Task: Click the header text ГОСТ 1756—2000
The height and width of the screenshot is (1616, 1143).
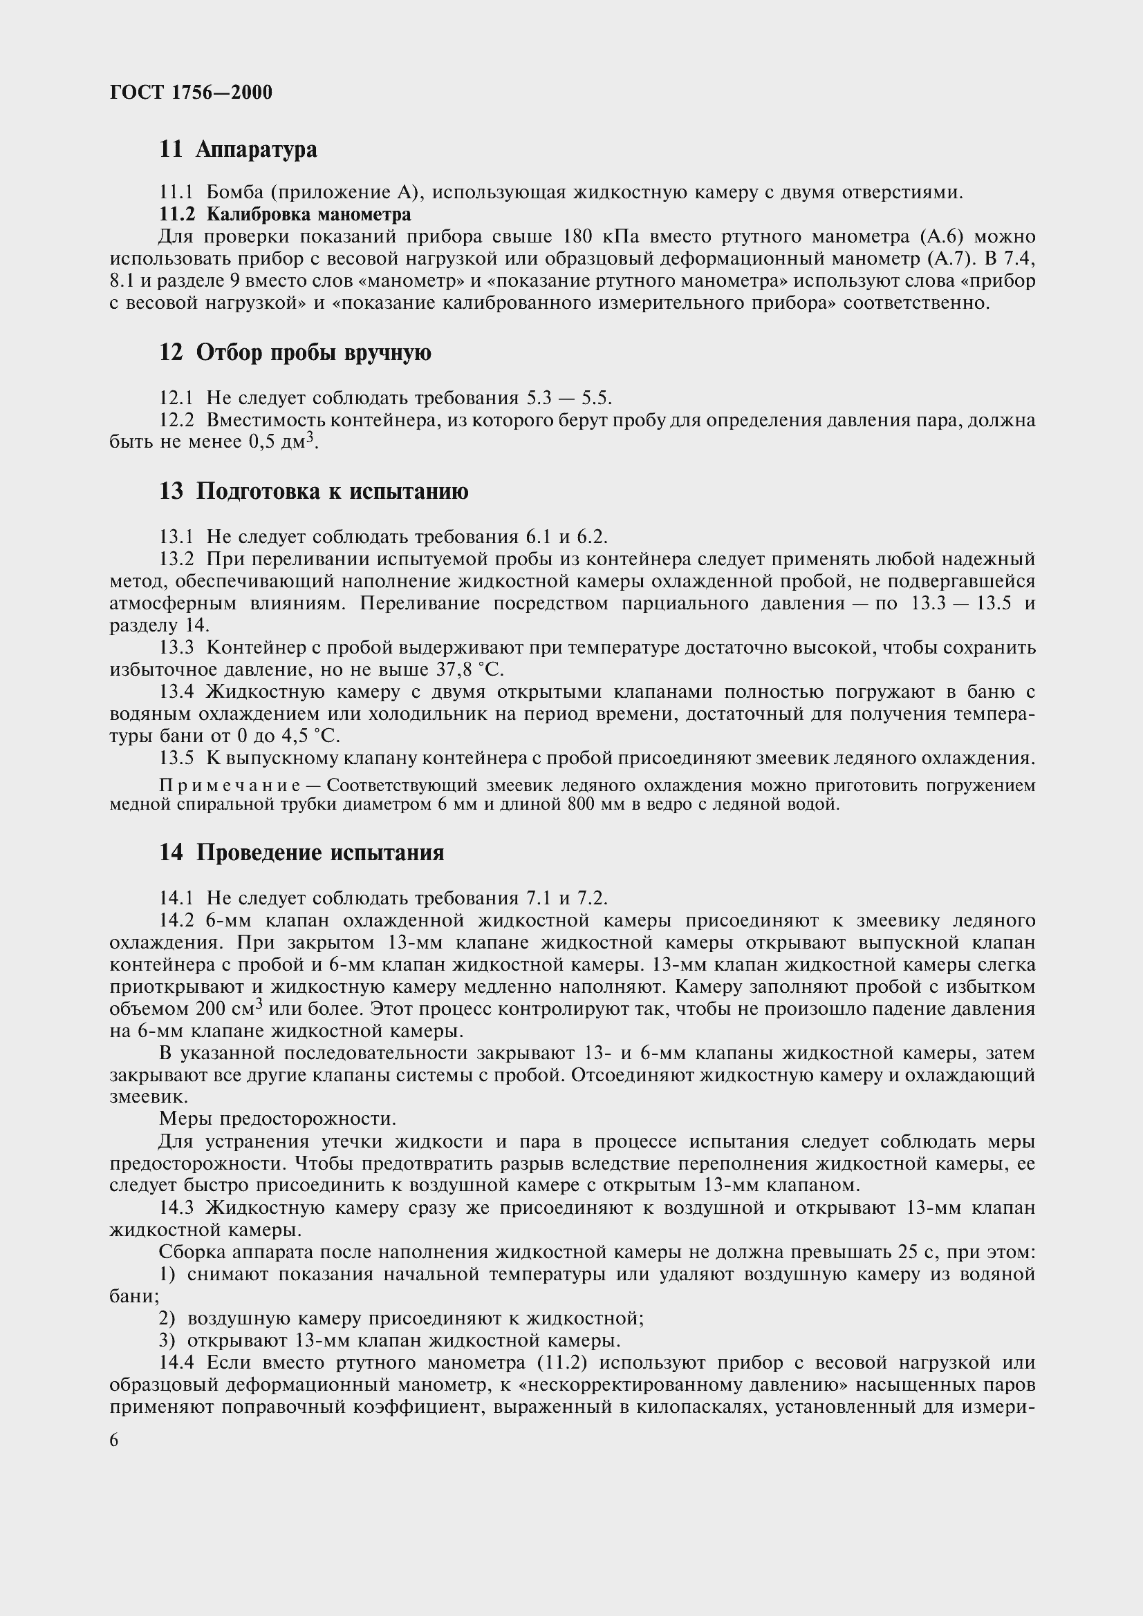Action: pyautogui.click(x=191, y=92)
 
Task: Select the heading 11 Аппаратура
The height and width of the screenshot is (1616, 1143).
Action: pyautogui.click(x=238, y=149)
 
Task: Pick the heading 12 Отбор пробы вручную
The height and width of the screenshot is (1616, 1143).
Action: pyautogui.click(x=295, y=352)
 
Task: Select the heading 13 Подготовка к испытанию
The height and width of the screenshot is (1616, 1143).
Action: pyautogui.click(x=313, y=491)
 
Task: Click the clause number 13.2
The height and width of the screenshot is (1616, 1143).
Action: pyautogui.click(x=176, y=559)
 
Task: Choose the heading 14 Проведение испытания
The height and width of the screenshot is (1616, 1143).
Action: pyautogui.click(x=301, y=853)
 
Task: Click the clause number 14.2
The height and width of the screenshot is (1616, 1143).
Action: pyautogui.click(x=176, y=920)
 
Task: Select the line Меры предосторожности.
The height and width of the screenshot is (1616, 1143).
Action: pyautogui.click(x=277, y=1119)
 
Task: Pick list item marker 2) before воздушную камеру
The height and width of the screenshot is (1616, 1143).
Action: pyautogui.click(x=167, y=1318)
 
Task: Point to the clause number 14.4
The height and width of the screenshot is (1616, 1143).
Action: pyautogui.click(x=176, y=1362)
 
